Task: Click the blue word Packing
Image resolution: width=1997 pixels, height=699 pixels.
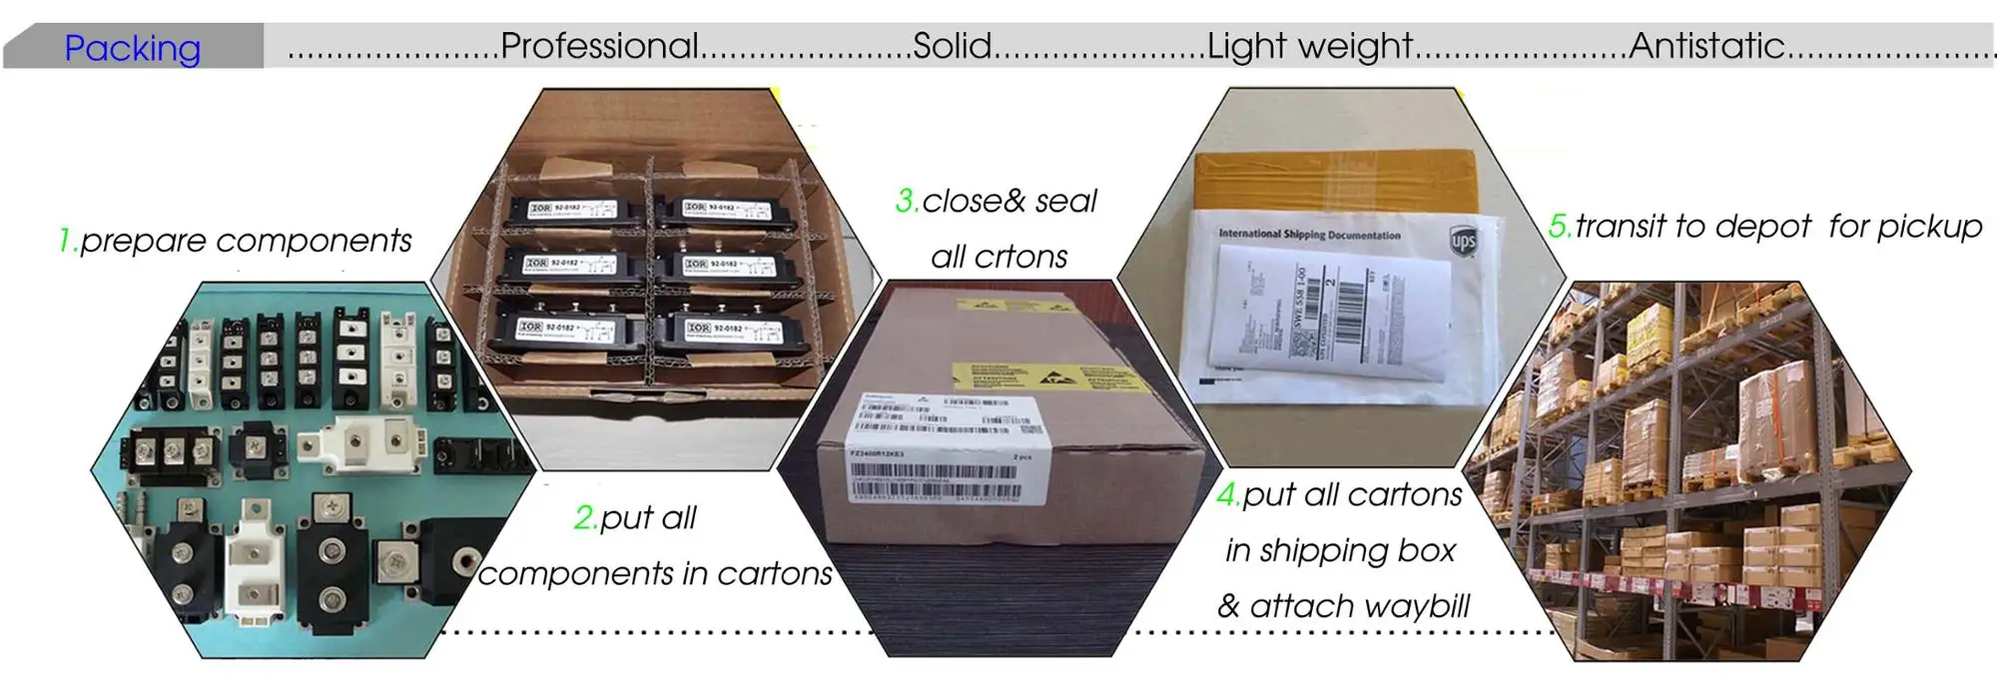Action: point(132,48)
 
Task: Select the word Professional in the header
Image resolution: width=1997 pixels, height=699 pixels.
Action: point(599,46)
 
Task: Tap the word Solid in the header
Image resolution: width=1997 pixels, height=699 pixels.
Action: point(952,46)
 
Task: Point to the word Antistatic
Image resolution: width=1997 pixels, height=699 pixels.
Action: point(1706,46)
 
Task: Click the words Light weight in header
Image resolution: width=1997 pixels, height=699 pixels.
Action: point(1309,46)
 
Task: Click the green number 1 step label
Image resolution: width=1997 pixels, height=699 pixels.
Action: point(66,241)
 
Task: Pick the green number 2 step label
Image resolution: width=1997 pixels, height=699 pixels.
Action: point(585,518)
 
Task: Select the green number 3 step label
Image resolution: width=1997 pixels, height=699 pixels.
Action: point(906,202)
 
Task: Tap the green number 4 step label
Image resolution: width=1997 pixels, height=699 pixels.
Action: point(1228,495)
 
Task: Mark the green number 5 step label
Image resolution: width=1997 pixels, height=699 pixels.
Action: point(1559,227)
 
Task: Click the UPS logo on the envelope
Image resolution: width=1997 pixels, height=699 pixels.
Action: point(1463,241)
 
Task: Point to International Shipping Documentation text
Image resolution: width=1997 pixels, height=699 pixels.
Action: point(1309,235)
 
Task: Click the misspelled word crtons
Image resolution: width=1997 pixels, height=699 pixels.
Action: point(1019,258)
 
